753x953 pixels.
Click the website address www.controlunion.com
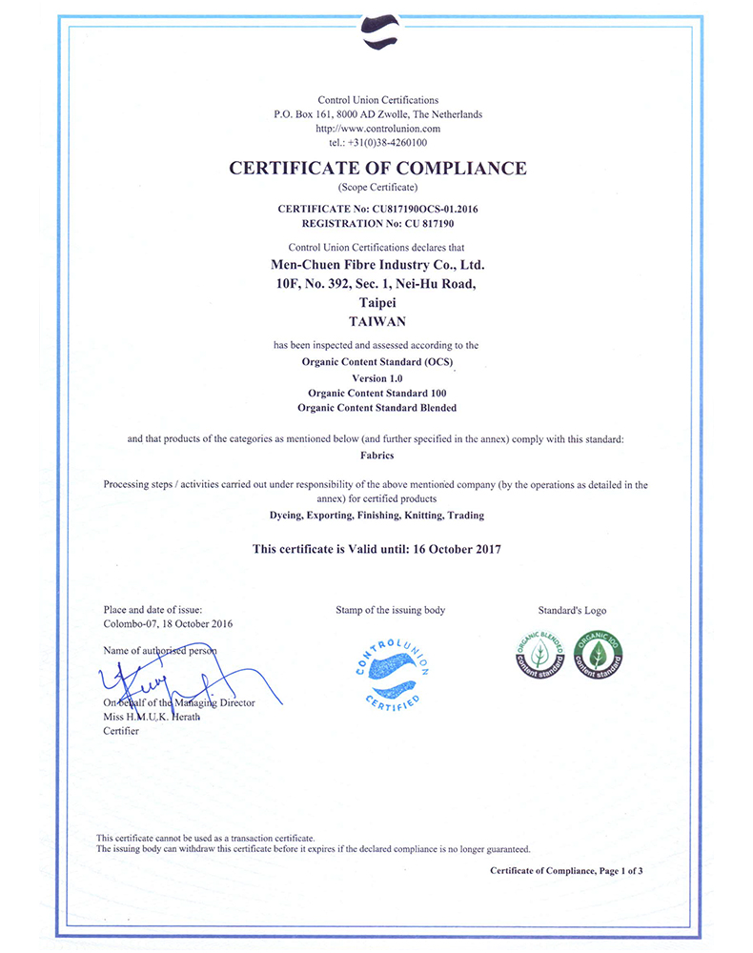pyautogui.click(x=377, y=129)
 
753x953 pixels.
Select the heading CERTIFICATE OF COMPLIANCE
pyautogui.click(x=377, y=168)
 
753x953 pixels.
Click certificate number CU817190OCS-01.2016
pyautogui.click(x=424, y=208)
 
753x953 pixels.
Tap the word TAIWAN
pyautogui.click(x=377, y=321)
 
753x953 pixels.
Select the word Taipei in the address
pyautogui.click(x=377, y=302)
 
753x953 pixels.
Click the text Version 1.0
pyautogui.click(x=377, y=378)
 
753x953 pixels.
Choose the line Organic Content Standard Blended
pyautogui.click(x=377, y=407)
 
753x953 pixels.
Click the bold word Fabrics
pyautogui.click(x=377, y=456)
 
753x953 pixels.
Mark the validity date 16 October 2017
pyautogui.click(x=447, y=549)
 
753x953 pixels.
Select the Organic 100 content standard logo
pyautogui.click(x=599, y=654)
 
